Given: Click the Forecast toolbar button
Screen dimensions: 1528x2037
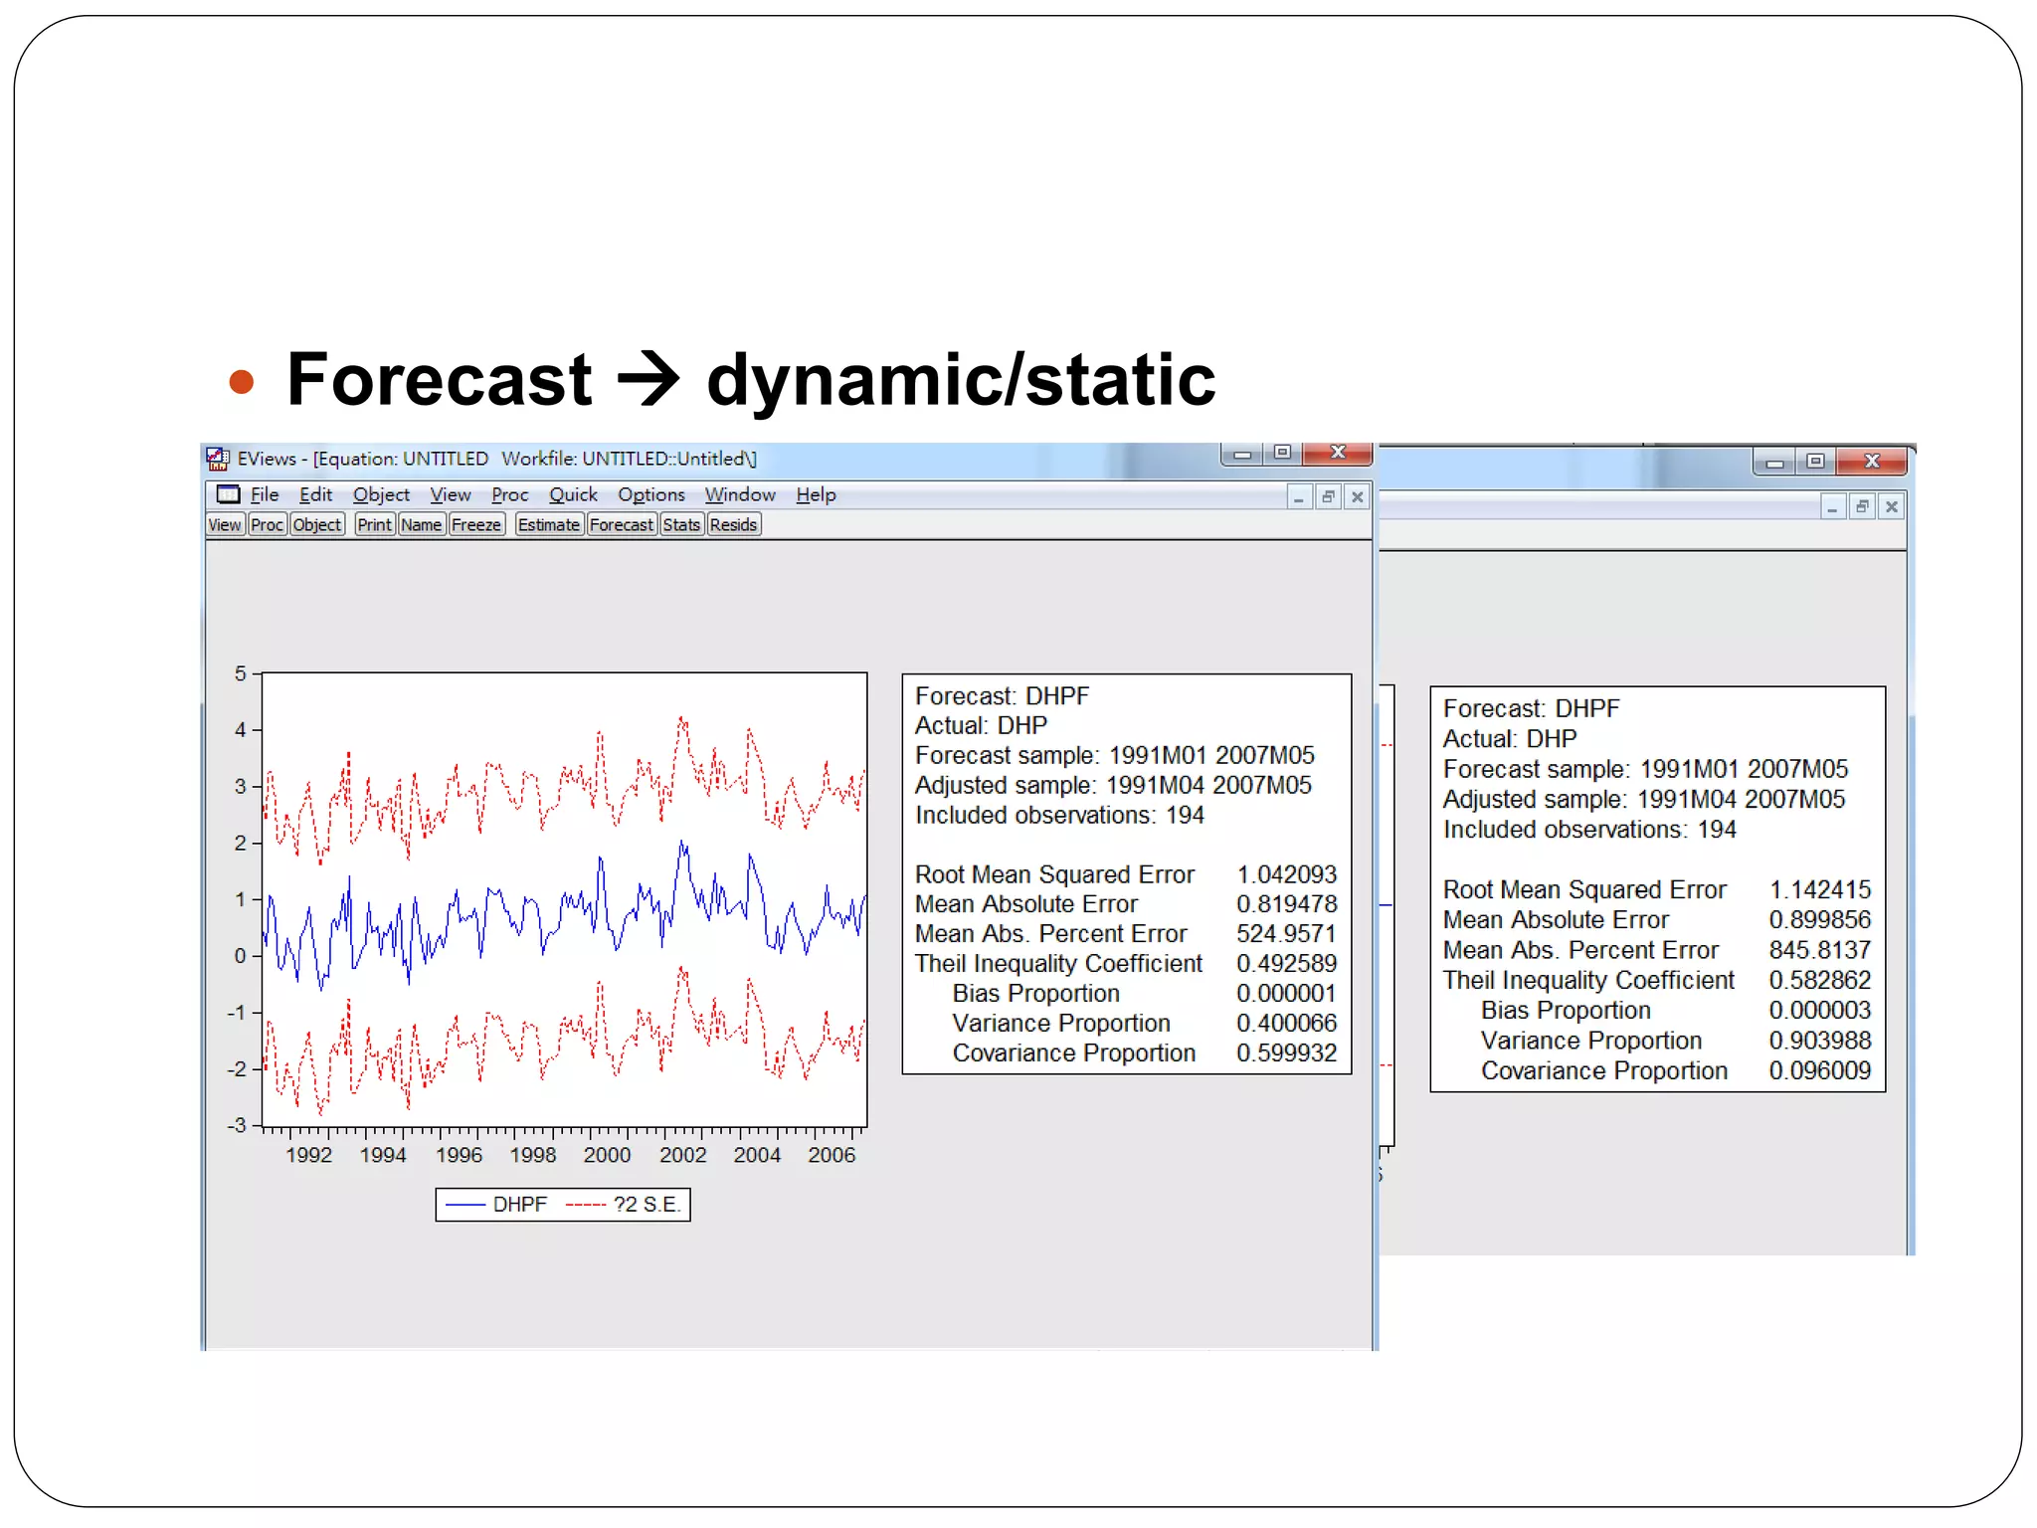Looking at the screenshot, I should tap(621, 524).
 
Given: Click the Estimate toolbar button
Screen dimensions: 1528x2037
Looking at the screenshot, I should tap(548, 524).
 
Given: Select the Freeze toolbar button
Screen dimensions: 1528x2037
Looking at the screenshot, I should tap(476, 524).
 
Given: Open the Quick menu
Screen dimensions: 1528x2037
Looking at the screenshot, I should tap(573, 494).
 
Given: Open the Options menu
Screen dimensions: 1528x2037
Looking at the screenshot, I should tap(650, 494).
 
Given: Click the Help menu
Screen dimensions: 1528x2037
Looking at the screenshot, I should tap(816, 494).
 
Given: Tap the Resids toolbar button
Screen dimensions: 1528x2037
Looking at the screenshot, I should tap(733, 524).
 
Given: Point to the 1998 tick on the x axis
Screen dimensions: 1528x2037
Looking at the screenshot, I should tap(533, 1155).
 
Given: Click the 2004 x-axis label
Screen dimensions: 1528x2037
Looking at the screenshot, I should tap(757, 1155).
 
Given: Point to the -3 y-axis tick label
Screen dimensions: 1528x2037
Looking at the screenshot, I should tap(237, 1125).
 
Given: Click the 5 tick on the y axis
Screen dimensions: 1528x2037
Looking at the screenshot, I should tap(241, 673).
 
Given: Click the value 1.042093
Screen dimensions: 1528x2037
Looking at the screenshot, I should tap(1286, 874).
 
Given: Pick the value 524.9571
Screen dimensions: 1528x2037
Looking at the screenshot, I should tap(1286, 934).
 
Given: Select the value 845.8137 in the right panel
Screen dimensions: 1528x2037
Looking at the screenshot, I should tap(1819, 950).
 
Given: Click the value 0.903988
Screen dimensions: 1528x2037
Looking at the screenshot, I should tap(1819, 1041).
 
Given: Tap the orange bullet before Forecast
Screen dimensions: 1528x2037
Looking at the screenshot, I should tap(242, 382).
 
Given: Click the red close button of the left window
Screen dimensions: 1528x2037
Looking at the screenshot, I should tap(1338, 453).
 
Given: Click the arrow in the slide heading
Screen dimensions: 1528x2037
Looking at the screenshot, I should tap(648, 380).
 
